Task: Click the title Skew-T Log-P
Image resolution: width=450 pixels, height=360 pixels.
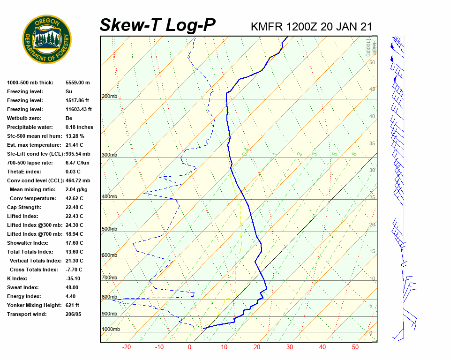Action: (x=157, y=25)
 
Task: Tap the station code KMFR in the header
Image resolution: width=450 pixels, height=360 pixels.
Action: (x=267, y=26)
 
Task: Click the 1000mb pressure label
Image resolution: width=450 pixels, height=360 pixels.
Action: (x=111, y=329)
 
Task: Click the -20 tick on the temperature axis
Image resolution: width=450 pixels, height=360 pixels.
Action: (x=127, y=347)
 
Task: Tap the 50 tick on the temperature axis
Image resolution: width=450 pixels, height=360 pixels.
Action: (x=355, y=347)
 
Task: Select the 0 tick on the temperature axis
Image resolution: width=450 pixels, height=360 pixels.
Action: (x=189, y=347)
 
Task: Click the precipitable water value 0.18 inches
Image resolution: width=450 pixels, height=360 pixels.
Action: (x=79, y=127)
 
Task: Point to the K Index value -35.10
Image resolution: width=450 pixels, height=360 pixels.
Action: (x=73, y=278)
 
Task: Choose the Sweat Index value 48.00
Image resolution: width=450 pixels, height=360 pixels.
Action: (x=72, y=287)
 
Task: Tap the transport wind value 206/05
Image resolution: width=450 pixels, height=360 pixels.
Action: (x=73, y=314)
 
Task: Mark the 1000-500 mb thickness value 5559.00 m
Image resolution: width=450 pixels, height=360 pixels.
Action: (x=77, y=82)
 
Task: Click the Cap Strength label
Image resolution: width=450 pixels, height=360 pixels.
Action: (x=24, y=207)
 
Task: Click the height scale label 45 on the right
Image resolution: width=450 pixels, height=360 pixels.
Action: (x=372, y=89)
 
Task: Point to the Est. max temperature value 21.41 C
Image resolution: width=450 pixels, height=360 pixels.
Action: (x=74, y=145)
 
